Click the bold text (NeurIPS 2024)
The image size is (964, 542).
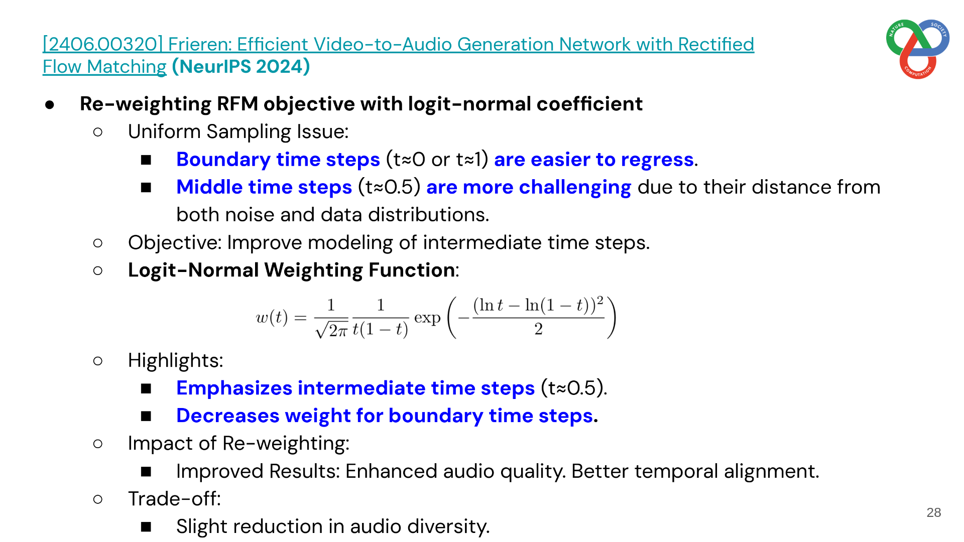click(241, 66)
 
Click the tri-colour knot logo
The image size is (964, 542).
click(917, 49)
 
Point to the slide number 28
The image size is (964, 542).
click(934, 512)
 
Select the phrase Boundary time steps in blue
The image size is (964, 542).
click(278, 159)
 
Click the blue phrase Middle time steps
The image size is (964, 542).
click(264, 187)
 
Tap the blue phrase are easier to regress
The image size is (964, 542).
click(594, 159)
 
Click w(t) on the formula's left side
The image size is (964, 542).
click(272, 317)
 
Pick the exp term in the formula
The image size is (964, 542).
click(427, 318)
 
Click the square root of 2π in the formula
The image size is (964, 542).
click(331, 330)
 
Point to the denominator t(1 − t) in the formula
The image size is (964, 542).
click(381, 329)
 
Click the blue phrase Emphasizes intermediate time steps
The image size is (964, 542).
click(355, 388)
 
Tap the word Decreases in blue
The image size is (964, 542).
click(228, 416)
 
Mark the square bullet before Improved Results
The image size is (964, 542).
click(146, 471)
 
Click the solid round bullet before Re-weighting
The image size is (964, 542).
click(50, 104)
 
